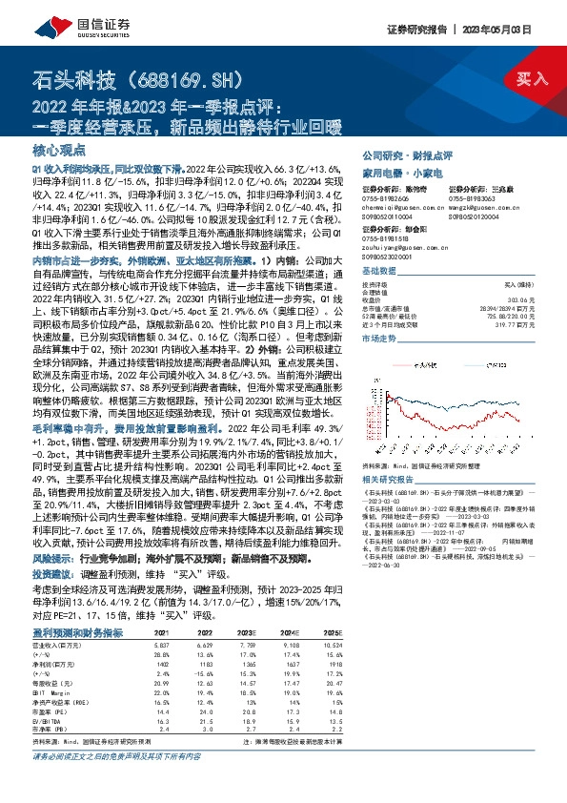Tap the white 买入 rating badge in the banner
click(x=524, y=77)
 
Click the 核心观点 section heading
click(x=61, y=151)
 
